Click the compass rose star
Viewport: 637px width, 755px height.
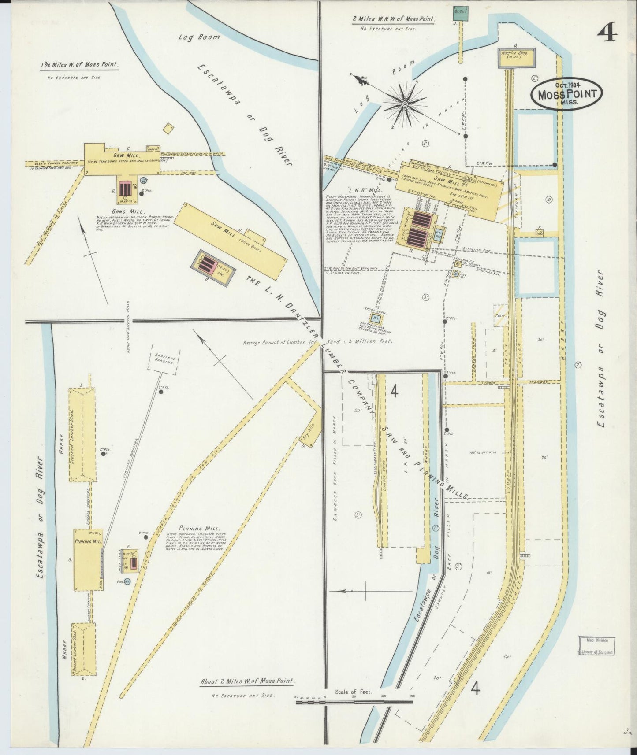click(x=404, y=104)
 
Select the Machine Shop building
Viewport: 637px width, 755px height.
click(x=518, y=58)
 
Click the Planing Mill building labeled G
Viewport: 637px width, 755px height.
click(x=88, y=559)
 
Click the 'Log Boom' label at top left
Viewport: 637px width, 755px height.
click(x=199, y=37)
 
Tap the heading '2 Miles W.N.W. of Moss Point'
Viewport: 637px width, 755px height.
click(x=394, y=19)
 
